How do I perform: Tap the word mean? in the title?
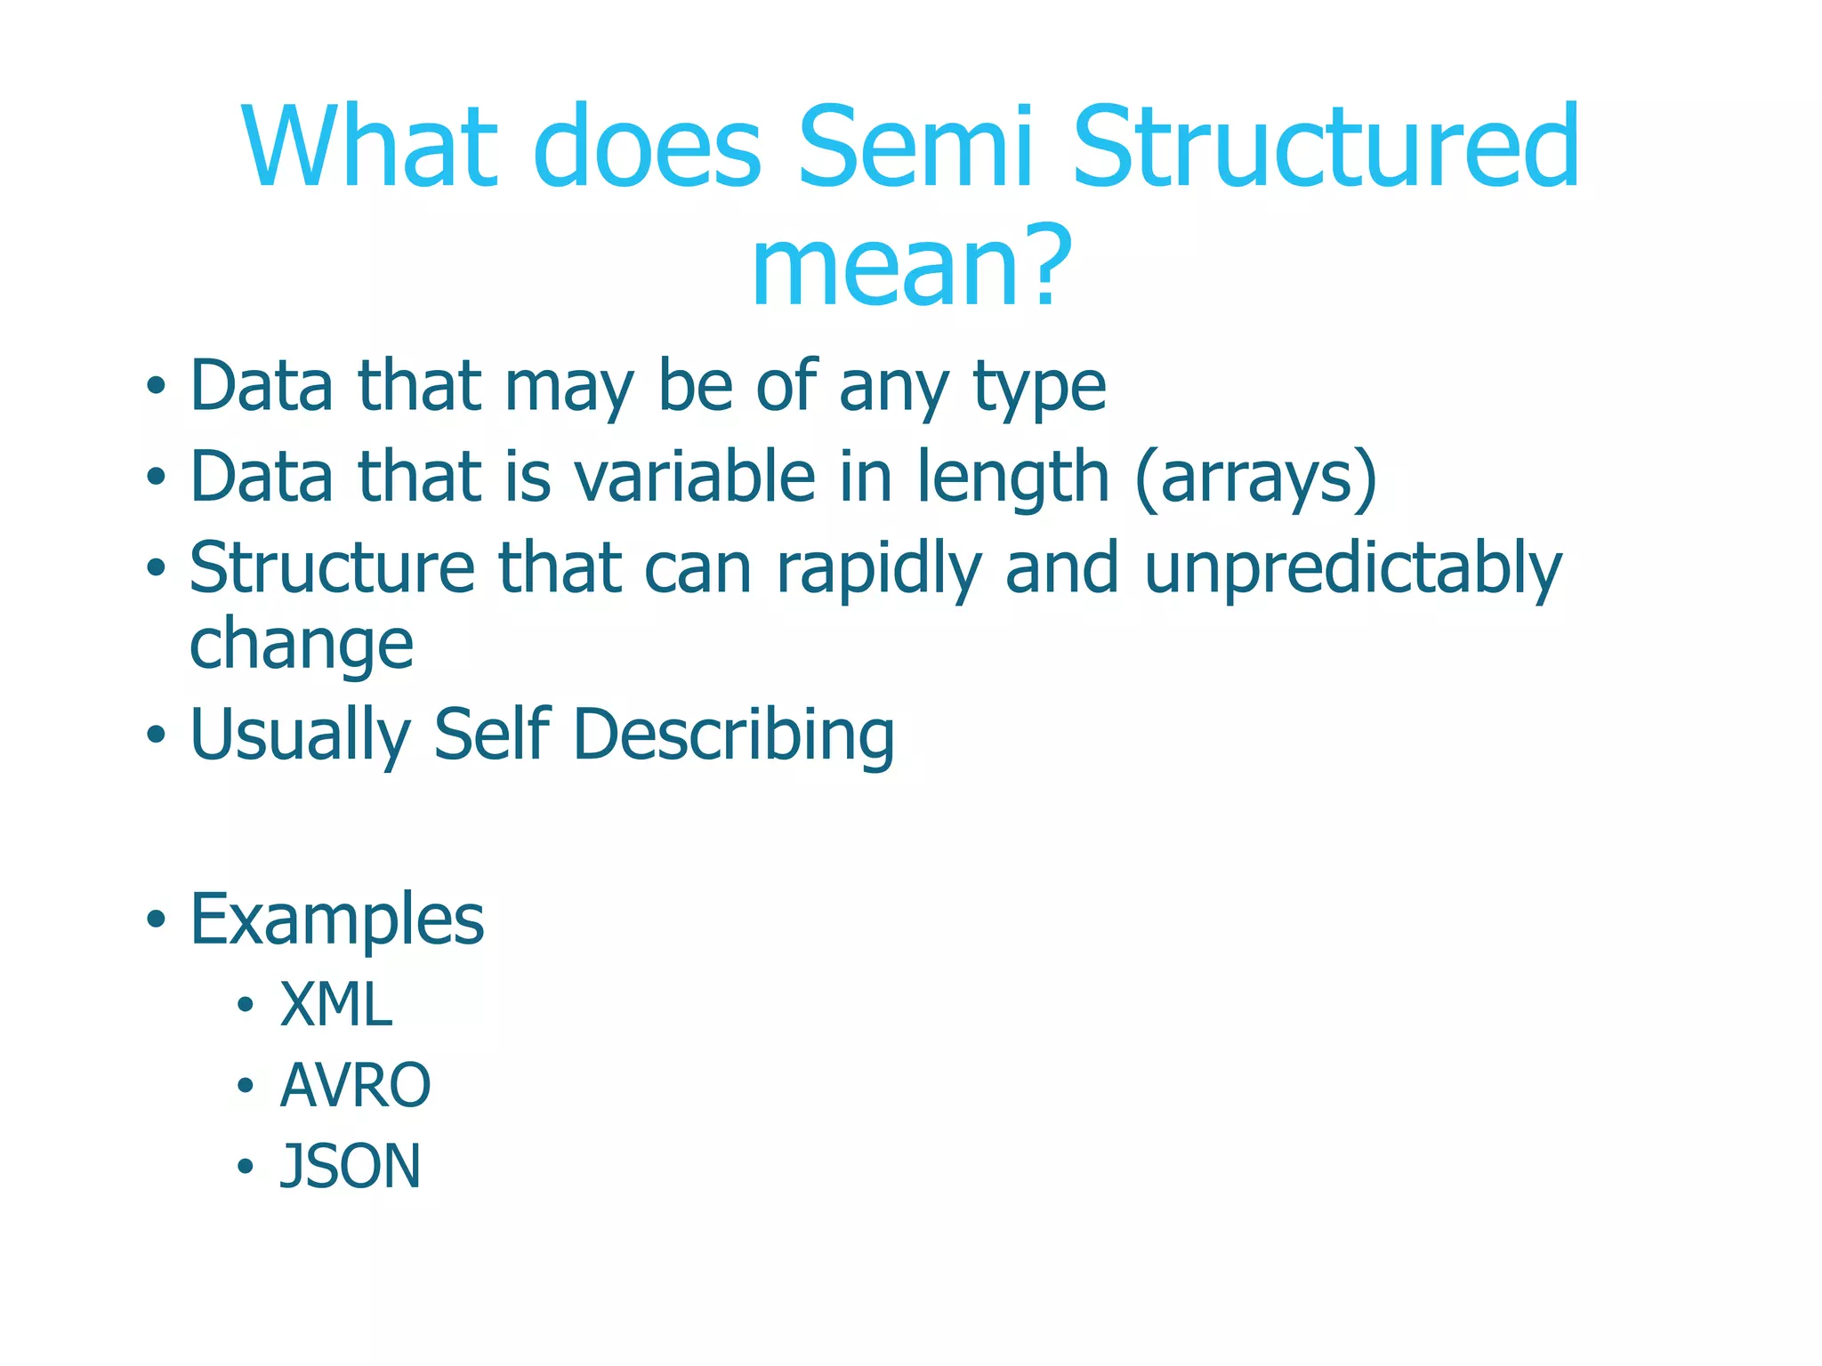tap(911, 266)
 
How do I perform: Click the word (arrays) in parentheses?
tap(1256, 478)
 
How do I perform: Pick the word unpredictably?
tap(1352, 570)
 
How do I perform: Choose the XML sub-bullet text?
tap(336, 1005)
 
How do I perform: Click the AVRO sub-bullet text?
tap(355, 1086)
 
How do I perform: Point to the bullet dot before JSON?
tap(246, 1167)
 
